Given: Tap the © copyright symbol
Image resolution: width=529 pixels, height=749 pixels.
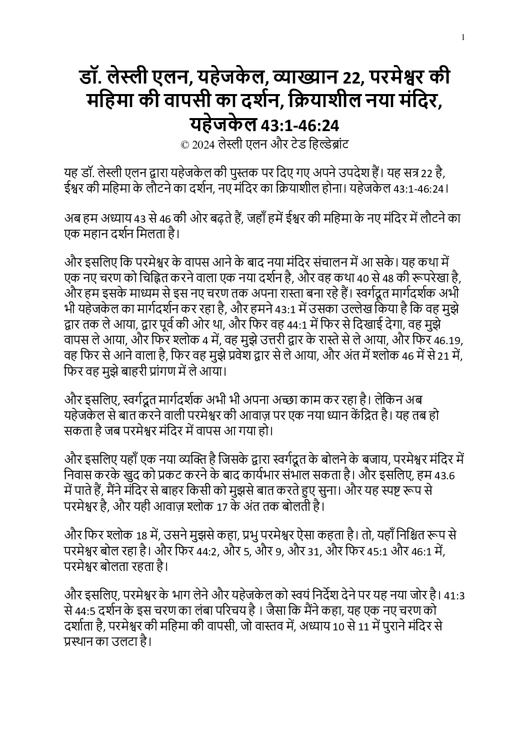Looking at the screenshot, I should tap(184, 145).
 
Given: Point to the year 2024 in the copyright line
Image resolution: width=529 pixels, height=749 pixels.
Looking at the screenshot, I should tap(203, 145).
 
